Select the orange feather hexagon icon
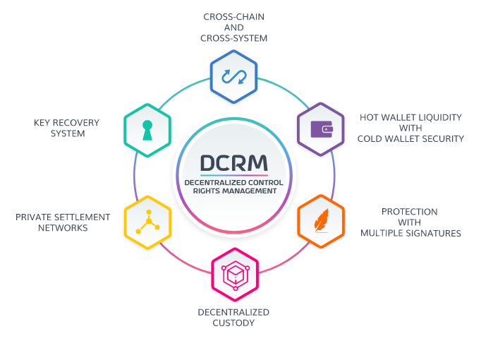[321, 221]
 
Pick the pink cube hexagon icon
[235, 274]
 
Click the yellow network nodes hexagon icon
[148, 221]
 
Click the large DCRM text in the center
[234, 163]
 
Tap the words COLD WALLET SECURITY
[411, 139]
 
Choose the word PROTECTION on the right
[410, 211]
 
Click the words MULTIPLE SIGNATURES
[411, 233]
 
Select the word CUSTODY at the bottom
[235, 323]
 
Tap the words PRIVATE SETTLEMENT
[63, 217]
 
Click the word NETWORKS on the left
[63, 228]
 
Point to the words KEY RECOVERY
[66, 122]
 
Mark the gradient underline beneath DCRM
[234, 174]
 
